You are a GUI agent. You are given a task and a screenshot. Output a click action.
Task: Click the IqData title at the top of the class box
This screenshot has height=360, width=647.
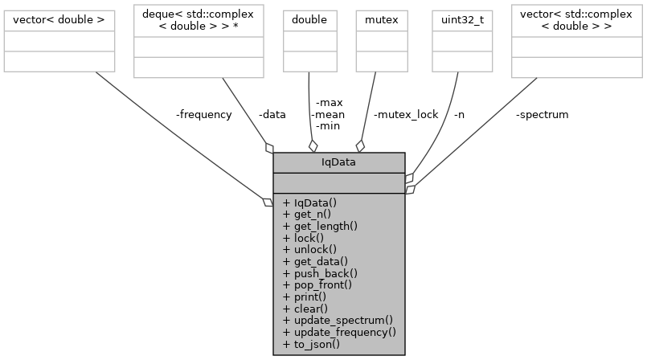pyautogui.click(x=338, y=162)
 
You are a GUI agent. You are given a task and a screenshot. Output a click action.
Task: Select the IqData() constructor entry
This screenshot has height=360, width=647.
pyautogui.click(x=310, y=202)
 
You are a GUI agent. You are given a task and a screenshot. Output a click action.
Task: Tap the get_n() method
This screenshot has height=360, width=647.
pyautogui.click(x=307, y=215)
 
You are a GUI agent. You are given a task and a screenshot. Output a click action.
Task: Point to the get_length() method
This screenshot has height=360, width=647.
pyautogui.click(x=320, y=226)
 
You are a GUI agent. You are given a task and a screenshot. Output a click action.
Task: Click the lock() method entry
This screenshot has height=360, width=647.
pyautogui.click(x=303, y=238)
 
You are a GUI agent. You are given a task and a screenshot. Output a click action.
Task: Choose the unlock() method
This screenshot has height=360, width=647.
pyautogui.click(x=309, y=249)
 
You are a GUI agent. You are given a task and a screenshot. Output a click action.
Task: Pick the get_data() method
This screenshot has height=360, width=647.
pyautogui.click(x=315, y=261)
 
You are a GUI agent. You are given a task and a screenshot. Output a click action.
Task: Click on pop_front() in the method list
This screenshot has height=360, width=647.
pyautogui.click(x=317, y=284)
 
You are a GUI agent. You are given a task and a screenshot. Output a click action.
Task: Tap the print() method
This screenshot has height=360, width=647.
pyautogui.click(x=305, y=297)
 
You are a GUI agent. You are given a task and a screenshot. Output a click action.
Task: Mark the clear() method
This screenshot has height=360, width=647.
pyautogui.click(x=305, y=308)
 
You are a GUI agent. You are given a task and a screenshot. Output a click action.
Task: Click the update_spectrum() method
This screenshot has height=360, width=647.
pyautogui.click(x=338, y=320)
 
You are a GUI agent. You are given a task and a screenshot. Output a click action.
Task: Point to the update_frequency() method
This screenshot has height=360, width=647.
pyautogui.click(x=339, y=332)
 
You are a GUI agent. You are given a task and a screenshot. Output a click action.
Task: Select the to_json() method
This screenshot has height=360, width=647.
pyautogui.click(x=311, y=344)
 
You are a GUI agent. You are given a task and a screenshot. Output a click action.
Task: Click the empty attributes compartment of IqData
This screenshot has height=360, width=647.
pyautogui.click(x=338, y=182)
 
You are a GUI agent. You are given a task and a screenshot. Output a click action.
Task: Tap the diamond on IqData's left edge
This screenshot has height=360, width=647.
pyautogui.click(x=268, y=202)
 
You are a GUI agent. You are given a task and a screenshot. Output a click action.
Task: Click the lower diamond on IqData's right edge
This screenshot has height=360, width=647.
pyautogui.click(x=410, y=190)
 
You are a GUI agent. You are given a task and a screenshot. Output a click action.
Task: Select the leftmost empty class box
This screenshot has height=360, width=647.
pyautogui.click(x=59, y=41)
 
